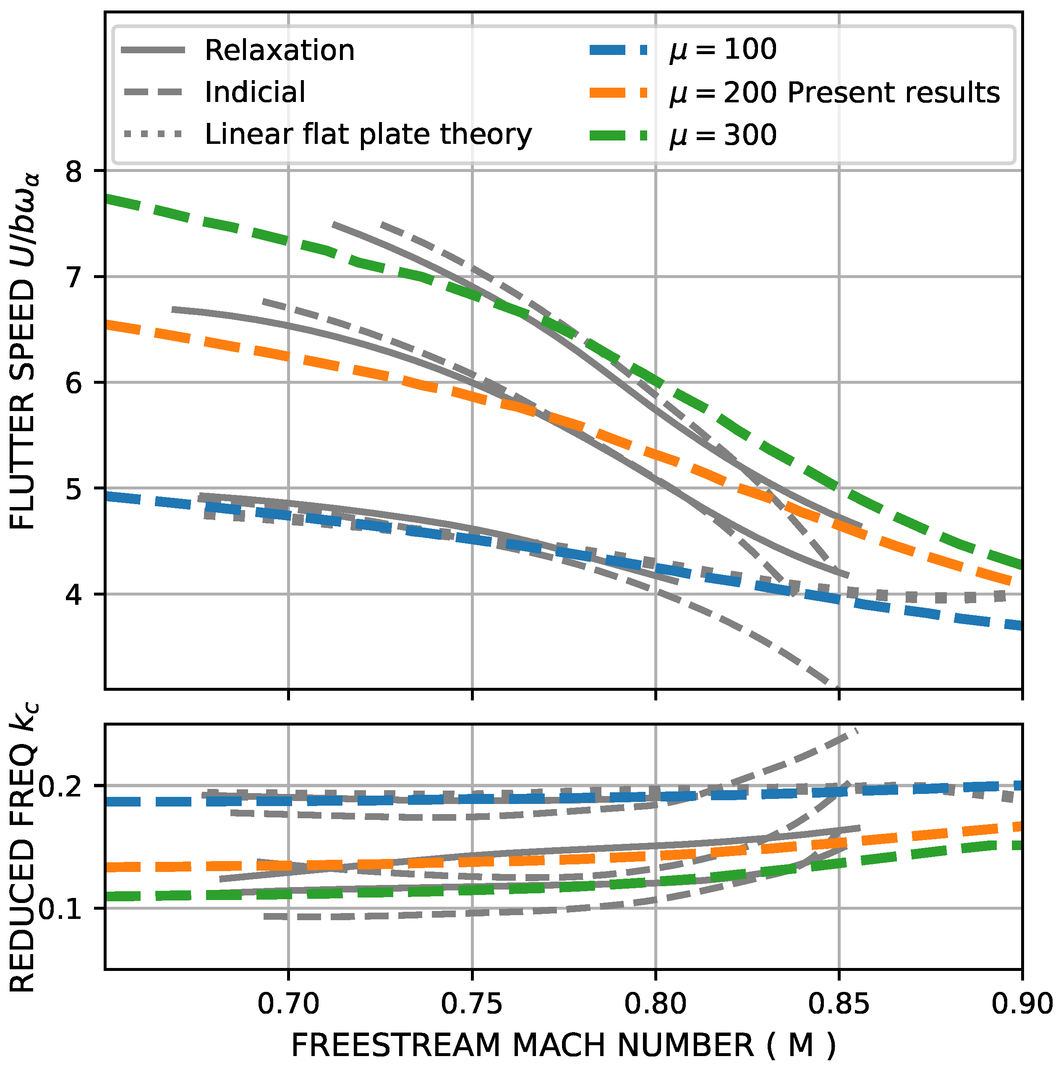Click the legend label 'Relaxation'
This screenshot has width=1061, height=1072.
pyautogui.click(x=279, y=50)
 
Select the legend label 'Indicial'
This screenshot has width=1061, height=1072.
pyautogui.click(x=255, y=92)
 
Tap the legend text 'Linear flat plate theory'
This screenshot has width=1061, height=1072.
pyautogui.click(x=368, y=134)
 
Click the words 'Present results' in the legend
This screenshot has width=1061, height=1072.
pyautogui.click(x=893, y=92)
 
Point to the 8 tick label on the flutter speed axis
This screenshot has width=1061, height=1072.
pyautogui.click(x=74, y=172)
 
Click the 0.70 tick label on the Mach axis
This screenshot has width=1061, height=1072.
pyautogui.click(x=288, y=1004)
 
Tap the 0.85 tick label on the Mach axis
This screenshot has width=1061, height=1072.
pyautogui.click(x=839, y=1004)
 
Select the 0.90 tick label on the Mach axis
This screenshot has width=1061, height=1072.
pyautogui.click(x=1022, y=1004)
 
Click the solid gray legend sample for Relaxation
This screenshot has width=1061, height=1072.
pyautogui.click(x=153, y=50)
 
